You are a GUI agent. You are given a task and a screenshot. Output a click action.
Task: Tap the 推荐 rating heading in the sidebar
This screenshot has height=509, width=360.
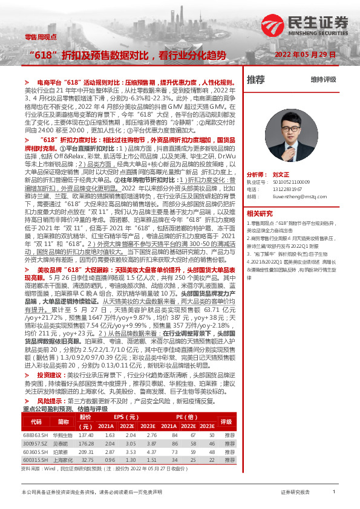point(256,80)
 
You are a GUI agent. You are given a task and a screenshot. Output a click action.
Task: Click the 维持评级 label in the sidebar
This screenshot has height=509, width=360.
point(323,80)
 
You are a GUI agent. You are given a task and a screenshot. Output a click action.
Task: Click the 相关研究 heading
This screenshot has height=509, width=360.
point(261,213)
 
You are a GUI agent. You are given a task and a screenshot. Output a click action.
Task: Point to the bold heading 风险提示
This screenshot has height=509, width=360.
point(49,401)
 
